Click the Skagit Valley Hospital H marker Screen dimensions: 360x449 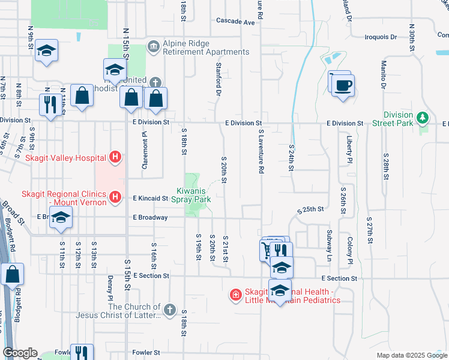116,158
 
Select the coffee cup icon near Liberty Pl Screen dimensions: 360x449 343,85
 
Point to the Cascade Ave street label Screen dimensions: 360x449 236,22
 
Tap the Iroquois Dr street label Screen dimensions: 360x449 381,37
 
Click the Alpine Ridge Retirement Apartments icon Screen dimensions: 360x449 154,46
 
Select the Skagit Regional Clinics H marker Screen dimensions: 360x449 116,196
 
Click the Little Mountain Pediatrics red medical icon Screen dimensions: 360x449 236,295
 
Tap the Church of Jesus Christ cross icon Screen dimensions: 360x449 170,310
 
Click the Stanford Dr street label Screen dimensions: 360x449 218,79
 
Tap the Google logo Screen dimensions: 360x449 19,353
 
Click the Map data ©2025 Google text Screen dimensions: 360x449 411,355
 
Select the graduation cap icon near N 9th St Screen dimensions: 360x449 46,51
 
